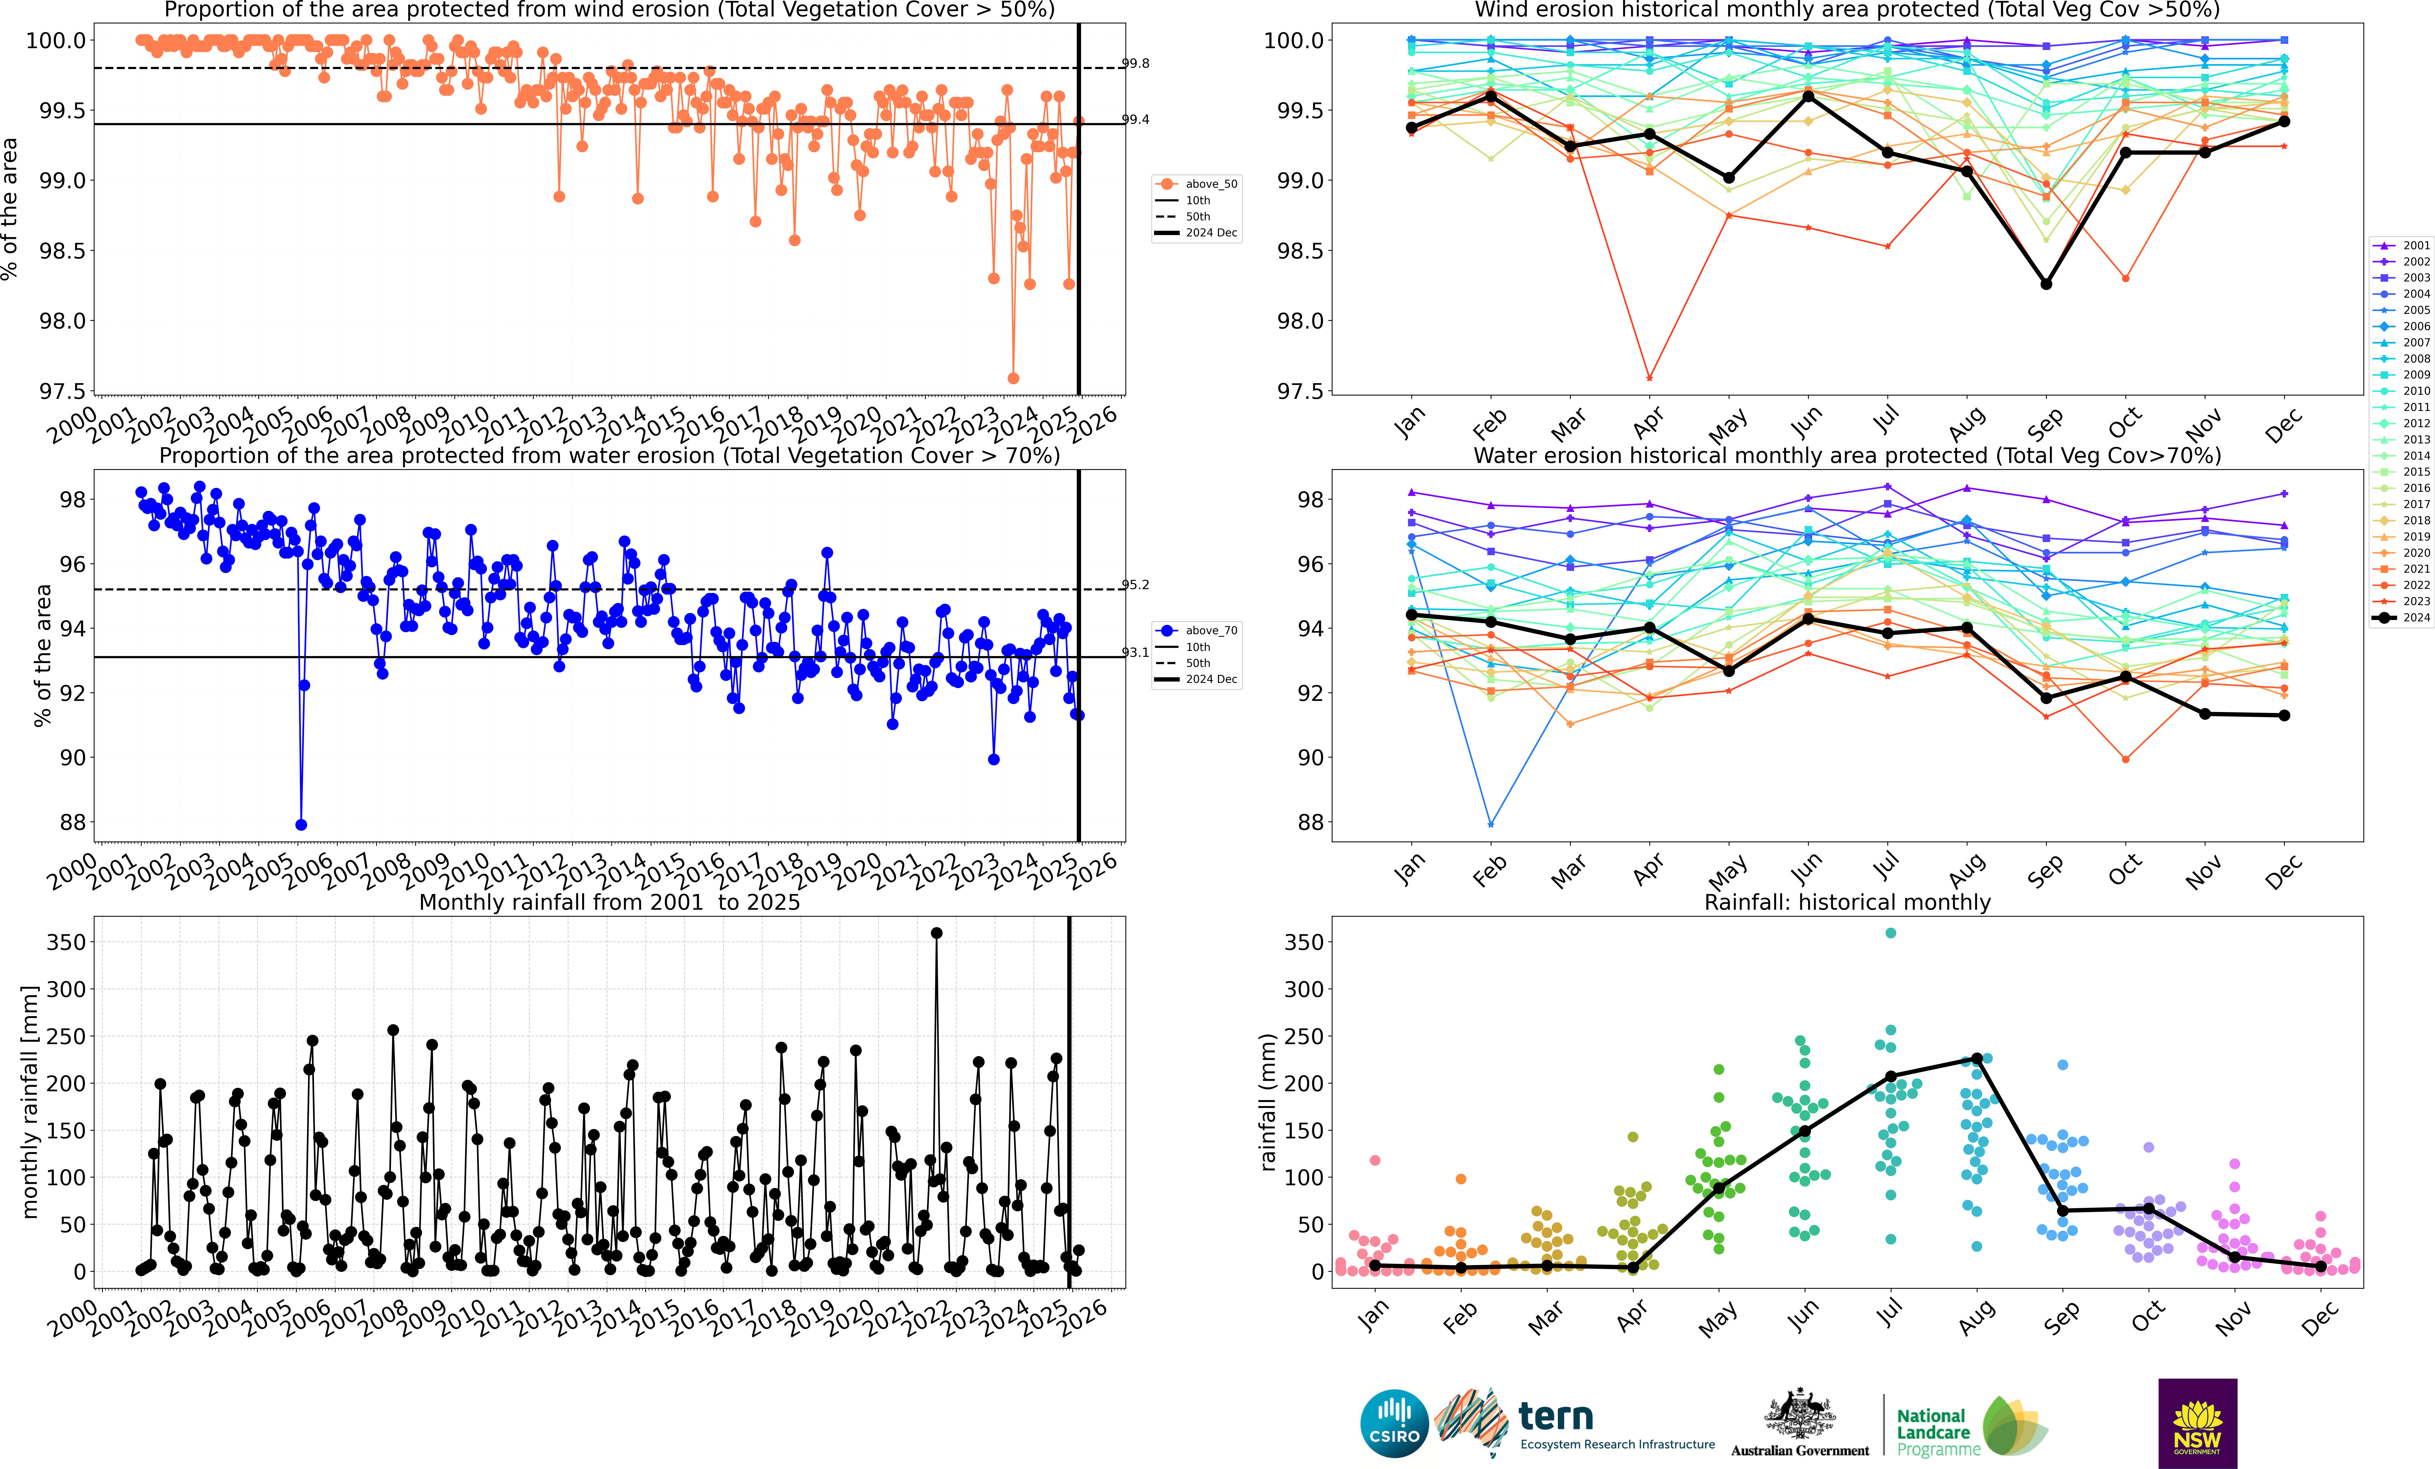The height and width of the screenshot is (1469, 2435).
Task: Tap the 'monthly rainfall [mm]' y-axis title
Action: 30,1102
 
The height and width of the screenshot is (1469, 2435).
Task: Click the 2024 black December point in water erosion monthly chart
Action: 2284,715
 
